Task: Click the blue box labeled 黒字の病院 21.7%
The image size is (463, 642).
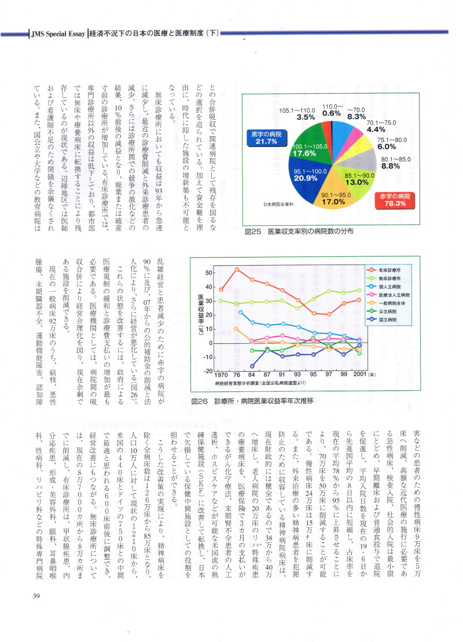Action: (267, 139)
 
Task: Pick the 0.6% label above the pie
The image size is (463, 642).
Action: (332, 113)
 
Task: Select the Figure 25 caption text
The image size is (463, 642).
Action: (299, 231)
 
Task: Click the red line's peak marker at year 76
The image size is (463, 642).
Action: (237, 270)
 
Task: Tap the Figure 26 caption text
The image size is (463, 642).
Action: (252, 400)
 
